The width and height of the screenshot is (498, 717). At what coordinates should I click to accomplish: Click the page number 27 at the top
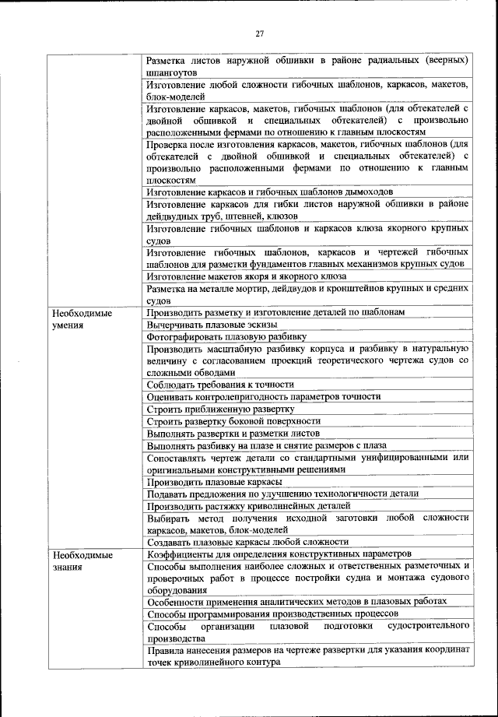260,33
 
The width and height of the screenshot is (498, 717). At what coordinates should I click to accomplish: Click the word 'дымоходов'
366,192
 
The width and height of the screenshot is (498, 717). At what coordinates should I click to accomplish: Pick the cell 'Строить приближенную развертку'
220,409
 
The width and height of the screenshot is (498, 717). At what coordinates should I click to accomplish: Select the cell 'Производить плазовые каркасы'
214,481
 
